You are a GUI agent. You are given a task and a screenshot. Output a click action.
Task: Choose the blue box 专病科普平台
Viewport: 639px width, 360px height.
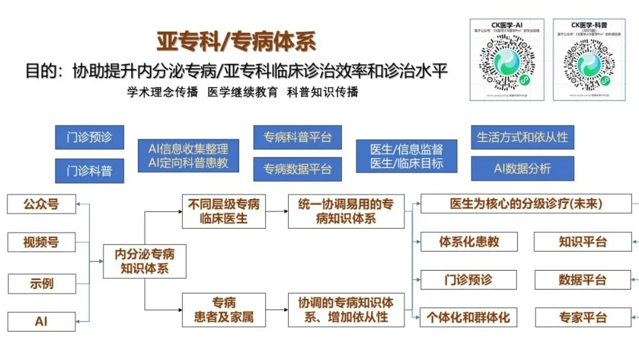pos(298,137)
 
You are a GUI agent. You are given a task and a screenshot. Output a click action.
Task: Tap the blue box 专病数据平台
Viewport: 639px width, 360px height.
pos(298,169)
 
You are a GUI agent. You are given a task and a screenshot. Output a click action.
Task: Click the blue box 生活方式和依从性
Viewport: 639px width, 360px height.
pos(522,137)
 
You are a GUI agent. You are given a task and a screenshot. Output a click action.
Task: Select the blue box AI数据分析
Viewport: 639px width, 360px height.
pos(522,169)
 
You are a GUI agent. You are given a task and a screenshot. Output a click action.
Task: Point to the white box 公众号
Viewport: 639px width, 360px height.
pos(41,204)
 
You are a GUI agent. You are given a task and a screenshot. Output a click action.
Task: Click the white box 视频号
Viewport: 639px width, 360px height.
pos(41,242)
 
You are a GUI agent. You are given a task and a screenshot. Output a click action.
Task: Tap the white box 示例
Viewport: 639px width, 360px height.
pos(41,282)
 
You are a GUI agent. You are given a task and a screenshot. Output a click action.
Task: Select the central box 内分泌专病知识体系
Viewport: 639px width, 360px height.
pos(144,261)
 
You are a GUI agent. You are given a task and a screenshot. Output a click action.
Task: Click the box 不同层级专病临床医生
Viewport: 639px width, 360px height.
pos(224,211)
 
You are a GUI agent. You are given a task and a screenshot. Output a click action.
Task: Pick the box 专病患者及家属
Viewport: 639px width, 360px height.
pos(224,310)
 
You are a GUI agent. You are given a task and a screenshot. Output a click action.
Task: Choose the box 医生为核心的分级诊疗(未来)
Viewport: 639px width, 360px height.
pos(525,204)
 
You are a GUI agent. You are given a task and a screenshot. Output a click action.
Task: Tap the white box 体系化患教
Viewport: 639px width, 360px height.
pos(469,242)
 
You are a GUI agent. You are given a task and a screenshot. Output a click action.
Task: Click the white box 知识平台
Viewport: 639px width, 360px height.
pos(582,242)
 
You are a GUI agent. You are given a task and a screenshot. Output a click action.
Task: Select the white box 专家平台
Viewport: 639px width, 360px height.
pos(582,317)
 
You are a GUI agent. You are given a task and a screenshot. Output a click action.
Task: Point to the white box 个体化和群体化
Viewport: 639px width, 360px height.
pos(469,317)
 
